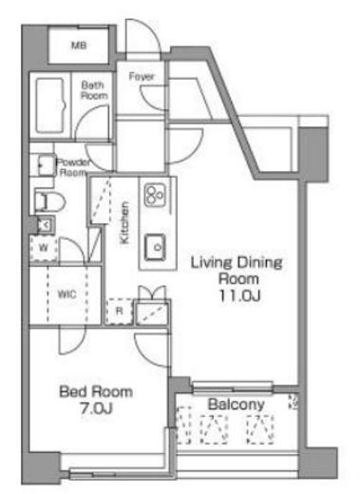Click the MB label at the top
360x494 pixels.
click(79, 46)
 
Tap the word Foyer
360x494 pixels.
click(142, 76)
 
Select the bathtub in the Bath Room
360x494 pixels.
click(50, 105)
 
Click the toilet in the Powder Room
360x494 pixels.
click(49, 201)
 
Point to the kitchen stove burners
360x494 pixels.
click(155, 195)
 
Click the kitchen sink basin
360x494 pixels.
click(155, 247)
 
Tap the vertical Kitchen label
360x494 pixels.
click(124, 222)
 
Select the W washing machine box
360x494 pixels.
click(44, 248)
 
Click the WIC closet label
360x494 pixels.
click(66, 294)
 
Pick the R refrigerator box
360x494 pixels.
click(119, 311)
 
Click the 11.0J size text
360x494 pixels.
click(239, 295)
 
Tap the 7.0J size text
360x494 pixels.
click(96, 408)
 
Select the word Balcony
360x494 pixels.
click(236, 404)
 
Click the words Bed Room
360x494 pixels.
click(96, 391)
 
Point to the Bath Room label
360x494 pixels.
click(94, 90)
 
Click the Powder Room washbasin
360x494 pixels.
click(47, 164)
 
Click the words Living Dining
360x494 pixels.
click(237, 263)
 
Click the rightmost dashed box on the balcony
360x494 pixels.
click(260, 429)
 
